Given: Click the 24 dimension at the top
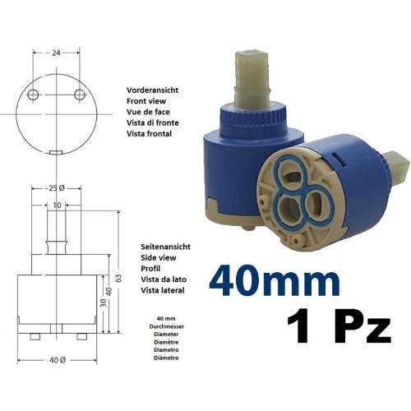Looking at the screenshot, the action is (x=56, y=53).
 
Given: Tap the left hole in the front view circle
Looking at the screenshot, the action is (x=33, y=95).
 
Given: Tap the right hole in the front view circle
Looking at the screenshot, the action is (x=80, y=95).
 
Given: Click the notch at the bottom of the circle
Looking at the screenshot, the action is (x=56, y=152).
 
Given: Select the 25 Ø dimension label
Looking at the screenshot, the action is (x=56, y=188).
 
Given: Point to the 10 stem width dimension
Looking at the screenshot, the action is (x=57, y=205).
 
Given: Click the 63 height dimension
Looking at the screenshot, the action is (x=118, y=278).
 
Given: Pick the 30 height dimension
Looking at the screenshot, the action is (x=104, y=302).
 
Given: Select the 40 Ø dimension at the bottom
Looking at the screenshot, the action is (x=58, y=360).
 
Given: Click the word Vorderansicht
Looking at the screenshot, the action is (x=152, y=90).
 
